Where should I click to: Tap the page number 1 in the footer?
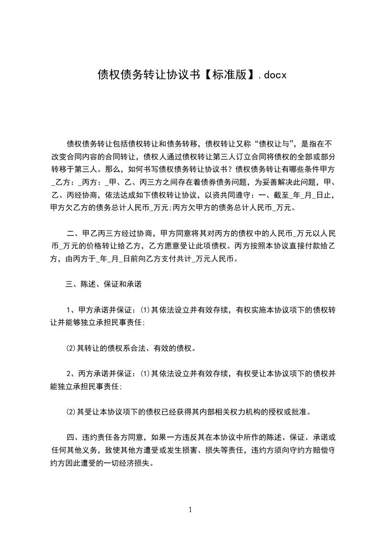191,510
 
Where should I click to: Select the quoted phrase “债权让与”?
277,143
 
